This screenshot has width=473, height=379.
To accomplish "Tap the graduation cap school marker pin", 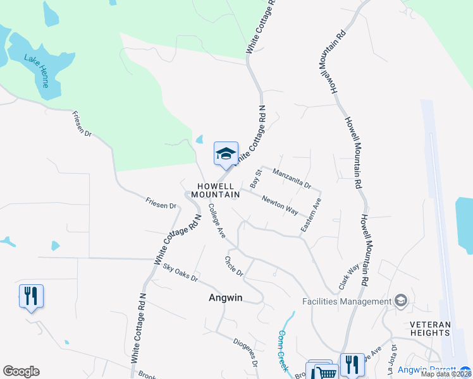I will [226, 153].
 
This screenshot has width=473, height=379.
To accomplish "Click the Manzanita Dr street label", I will [292, 177].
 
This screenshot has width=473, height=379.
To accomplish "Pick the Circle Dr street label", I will [234, 266].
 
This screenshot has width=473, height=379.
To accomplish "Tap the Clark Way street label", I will [348, 277].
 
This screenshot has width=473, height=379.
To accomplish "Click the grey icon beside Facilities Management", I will [400, 301].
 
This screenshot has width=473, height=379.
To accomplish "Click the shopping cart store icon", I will [326, 373].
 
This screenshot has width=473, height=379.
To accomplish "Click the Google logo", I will [21, 371].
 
